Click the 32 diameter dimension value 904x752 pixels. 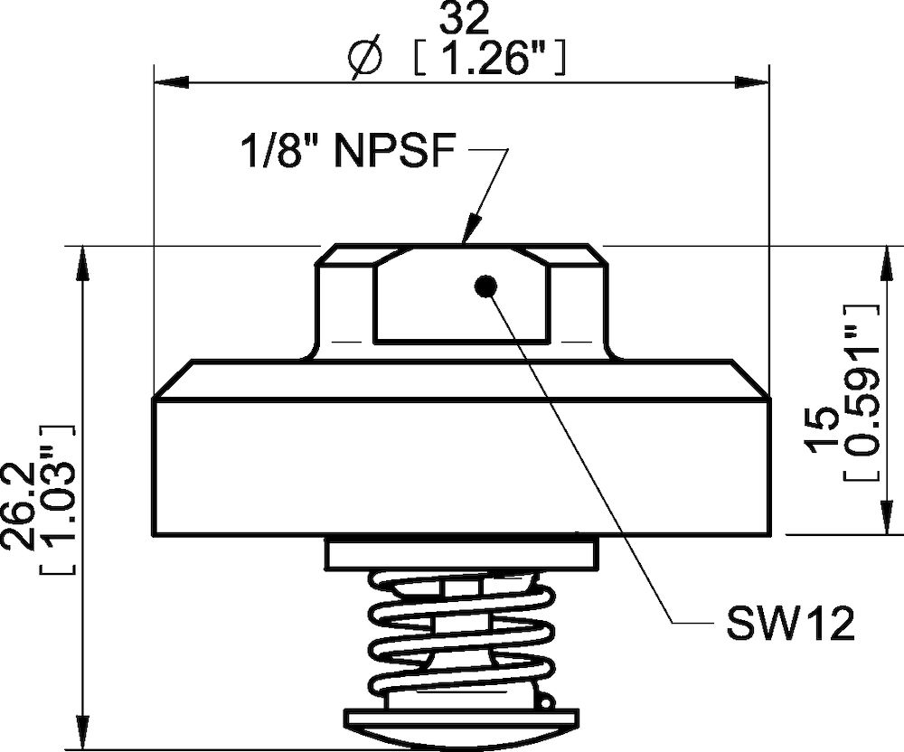461,17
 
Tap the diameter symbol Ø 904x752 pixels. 364,60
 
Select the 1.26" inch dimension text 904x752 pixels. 489,60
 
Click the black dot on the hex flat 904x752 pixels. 486,287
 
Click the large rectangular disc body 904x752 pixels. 461,465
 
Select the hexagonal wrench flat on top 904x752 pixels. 461,294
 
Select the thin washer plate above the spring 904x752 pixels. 461,553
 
